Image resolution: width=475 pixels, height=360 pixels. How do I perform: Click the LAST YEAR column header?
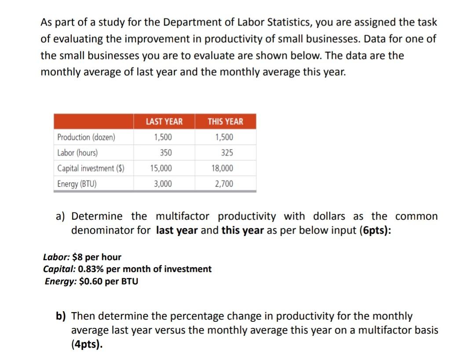click(164, 121)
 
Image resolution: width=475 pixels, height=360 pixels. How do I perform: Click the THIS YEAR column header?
click(225, 121)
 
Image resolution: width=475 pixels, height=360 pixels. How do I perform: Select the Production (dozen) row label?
click(86, 137)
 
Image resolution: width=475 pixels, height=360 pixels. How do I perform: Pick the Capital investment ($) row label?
click(91, 168)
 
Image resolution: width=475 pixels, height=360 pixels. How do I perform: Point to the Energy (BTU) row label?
click(77, 184)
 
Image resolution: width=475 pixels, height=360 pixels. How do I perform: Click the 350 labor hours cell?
click(166, 153)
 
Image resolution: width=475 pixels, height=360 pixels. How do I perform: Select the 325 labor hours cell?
click(227, 153)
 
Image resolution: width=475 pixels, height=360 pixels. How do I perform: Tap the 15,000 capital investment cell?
click(161, 168)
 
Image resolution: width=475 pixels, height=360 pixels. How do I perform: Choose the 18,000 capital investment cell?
click(223, 168)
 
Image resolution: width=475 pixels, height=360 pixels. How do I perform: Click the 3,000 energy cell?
click(163, 184)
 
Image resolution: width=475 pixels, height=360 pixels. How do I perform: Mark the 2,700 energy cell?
click(224, 184)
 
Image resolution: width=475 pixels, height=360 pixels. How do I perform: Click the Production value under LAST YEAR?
click(163, 137)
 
